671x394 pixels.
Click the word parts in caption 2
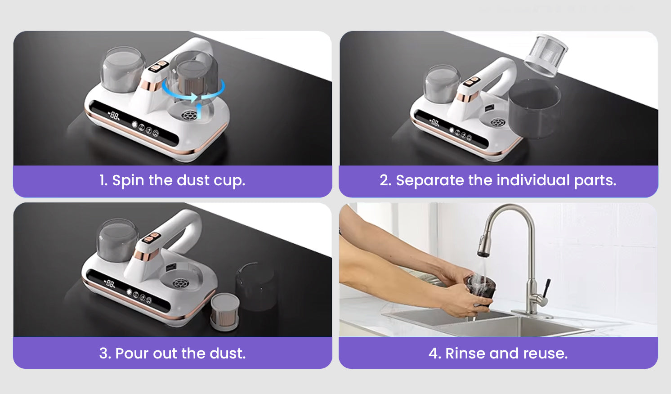click(x=595, y=181)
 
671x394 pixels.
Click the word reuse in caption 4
click(x=545, y=354)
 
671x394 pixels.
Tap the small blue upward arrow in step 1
click(x=199, y=110)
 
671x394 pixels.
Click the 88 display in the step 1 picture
click(x=114, y=115)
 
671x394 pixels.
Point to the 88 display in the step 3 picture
click(x=110, y=283)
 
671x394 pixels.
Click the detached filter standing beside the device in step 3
click(x=225, y=311)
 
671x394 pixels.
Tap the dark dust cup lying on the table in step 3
click(x=256, y=286)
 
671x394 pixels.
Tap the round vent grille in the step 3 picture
click(x=180, y=283)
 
